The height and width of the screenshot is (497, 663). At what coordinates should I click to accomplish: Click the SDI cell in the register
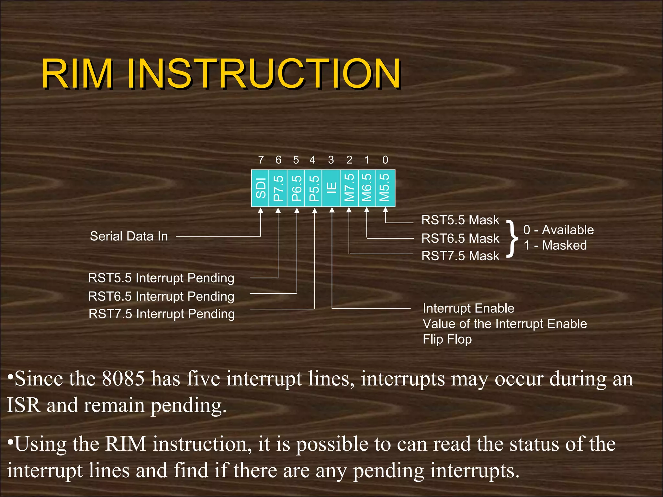tap(260, 188)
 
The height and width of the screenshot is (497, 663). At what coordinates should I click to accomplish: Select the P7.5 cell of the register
tap(278, 188)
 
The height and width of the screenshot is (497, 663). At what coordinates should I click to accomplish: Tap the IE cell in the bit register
tap(331, 188)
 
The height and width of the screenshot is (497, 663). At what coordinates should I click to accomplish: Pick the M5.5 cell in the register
tap(385, 188)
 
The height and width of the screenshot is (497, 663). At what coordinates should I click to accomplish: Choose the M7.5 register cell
tap(349, 188)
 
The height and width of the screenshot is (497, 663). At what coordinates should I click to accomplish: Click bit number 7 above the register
tap(261, 160)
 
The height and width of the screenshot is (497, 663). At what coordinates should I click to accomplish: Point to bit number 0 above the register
tap(385, 160)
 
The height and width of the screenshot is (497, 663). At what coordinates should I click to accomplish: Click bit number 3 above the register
tap(331, 160)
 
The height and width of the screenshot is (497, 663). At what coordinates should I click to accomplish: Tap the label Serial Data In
tap(129, 236)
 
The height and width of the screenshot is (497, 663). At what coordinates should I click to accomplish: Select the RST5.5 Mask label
tap(460, 220)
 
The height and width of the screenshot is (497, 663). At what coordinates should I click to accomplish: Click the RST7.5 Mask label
tap(460, 256)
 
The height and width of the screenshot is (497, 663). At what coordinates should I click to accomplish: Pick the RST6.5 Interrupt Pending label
tap(161, 296)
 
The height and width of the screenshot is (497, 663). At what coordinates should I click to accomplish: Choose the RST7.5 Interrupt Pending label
tap(162, 314)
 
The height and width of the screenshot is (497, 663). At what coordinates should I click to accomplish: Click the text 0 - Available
tap(558, 230)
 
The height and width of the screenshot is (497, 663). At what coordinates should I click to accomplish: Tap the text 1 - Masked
tap(555, 245)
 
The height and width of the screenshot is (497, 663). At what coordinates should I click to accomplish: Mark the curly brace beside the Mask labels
tap(511, 238)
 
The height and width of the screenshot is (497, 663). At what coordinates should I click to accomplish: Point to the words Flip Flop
tap(447, 339)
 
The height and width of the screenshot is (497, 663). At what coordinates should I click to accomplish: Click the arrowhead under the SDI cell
tap(261, 211)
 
